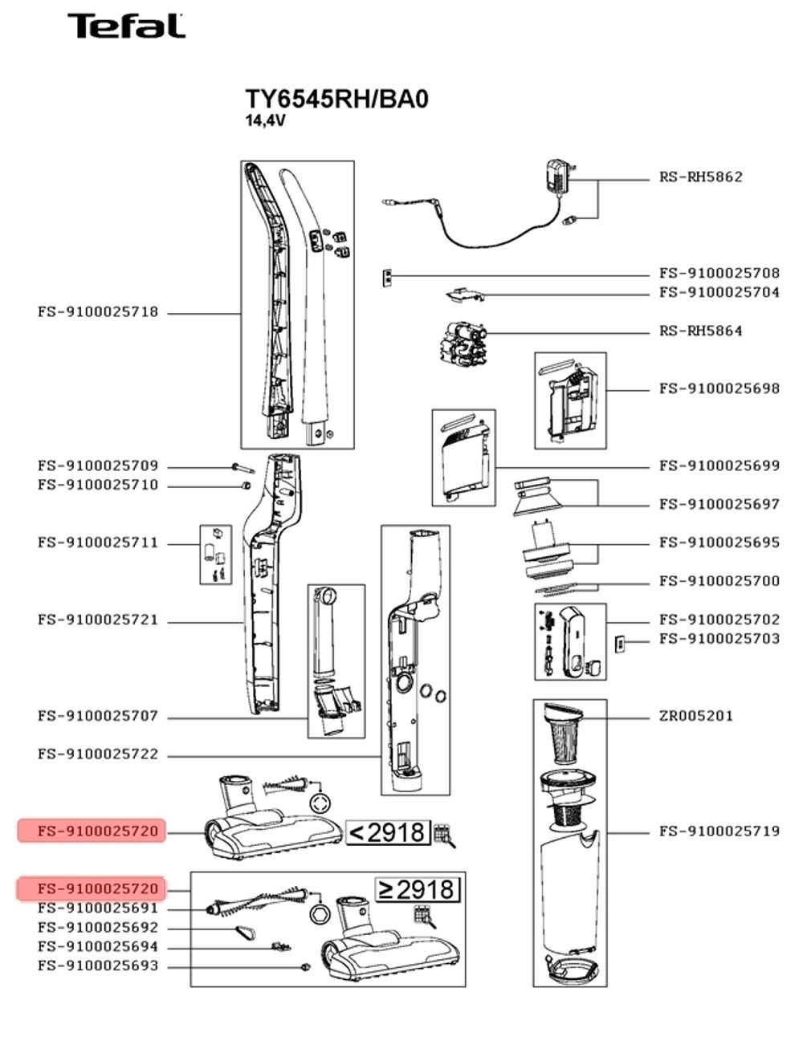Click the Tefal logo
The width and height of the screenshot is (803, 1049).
click(125, 26)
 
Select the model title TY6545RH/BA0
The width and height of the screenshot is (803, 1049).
click(336, 100)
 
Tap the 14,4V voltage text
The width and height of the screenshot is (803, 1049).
click(265, 122)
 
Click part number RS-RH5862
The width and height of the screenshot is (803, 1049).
click(700, 177)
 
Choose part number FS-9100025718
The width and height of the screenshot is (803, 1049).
click(97, 312)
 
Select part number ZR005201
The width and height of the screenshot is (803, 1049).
click(695, 716)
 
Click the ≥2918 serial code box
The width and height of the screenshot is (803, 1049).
click(418, 889)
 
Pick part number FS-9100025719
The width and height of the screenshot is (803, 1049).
click(719, 831)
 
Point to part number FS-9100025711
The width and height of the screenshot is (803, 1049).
click(97, 543)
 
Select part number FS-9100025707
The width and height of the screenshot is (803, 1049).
click(97, 716)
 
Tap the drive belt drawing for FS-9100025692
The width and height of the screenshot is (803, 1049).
click(246, 933)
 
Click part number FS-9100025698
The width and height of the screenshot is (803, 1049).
click(719, 388)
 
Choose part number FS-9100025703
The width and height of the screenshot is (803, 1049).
click(719, 639)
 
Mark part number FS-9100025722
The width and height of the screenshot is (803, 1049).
click(97, 754)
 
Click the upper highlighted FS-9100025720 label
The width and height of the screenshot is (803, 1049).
click(92, 831)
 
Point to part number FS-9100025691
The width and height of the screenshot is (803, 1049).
click(97, 909)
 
